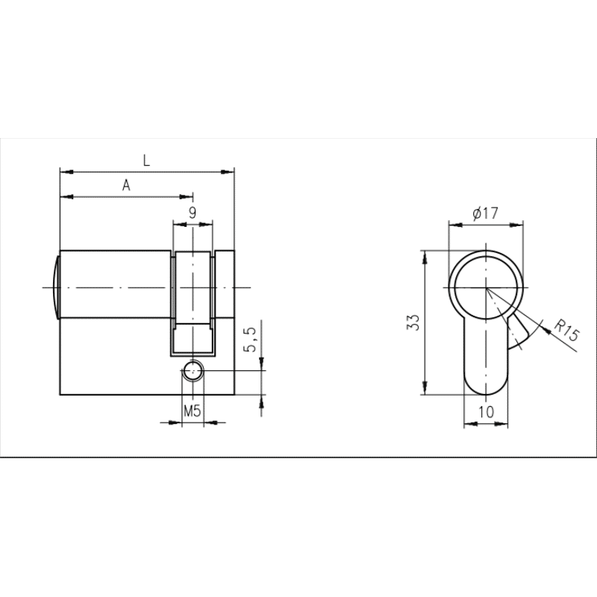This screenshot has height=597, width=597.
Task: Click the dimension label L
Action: [146, 160]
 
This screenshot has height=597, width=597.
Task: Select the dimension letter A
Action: [126, 185]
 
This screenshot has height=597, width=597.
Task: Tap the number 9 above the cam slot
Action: [193, 213]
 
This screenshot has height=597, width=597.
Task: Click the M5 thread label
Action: [193, 411]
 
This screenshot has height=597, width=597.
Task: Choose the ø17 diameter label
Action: [485, 213]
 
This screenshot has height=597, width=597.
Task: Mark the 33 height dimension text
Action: [414, 322]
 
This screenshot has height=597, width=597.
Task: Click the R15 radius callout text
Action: [566, 330]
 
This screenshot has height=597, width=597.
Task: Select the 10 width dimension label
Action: [487, 412]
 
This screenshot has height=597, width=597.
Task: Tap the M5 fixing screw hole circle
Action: [193, 370]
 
